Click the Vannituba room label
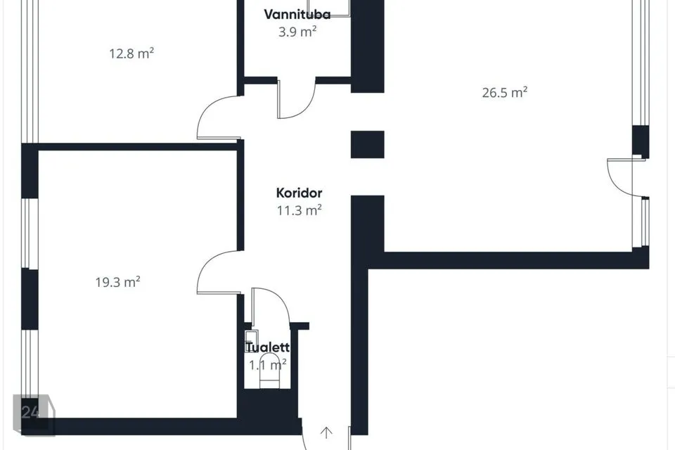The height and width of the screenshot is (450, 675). [x=297, y=15]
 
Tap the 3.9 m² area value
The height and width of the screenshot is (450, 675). [x=297, y=32]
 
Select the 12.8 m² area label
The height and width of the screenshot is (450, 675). [x=131, y=53]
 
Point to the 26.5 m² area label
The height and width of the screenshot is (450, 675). [x=505, y=93]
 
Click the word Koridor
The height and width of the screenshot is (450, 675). [x=300, y=193]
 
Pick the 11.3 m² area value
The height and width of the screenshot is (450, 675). [x=300, y=210]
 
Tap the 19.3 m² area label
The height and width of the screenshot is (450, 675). [x=117, y=282]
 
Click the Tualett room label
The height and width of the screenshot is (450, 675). [x=267, y=347]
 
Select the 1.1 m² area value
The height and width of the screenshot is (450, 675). [x=267, y=365]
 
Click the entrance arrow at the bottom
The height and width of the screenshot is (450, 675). [x=326, y=432]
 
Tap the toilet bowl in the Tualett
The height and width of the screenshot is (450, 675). [x=270, y=371]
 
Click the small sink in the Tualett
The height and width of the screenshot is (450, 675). [x=251, y=341]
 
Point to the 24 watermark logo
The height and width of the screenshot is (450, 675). [x=34, y=414]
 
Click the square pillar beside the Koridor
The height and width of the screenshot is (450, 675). [x=367, y=145]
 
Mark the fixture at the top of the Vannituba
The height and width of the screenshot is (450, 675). [x=329, y=8]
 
